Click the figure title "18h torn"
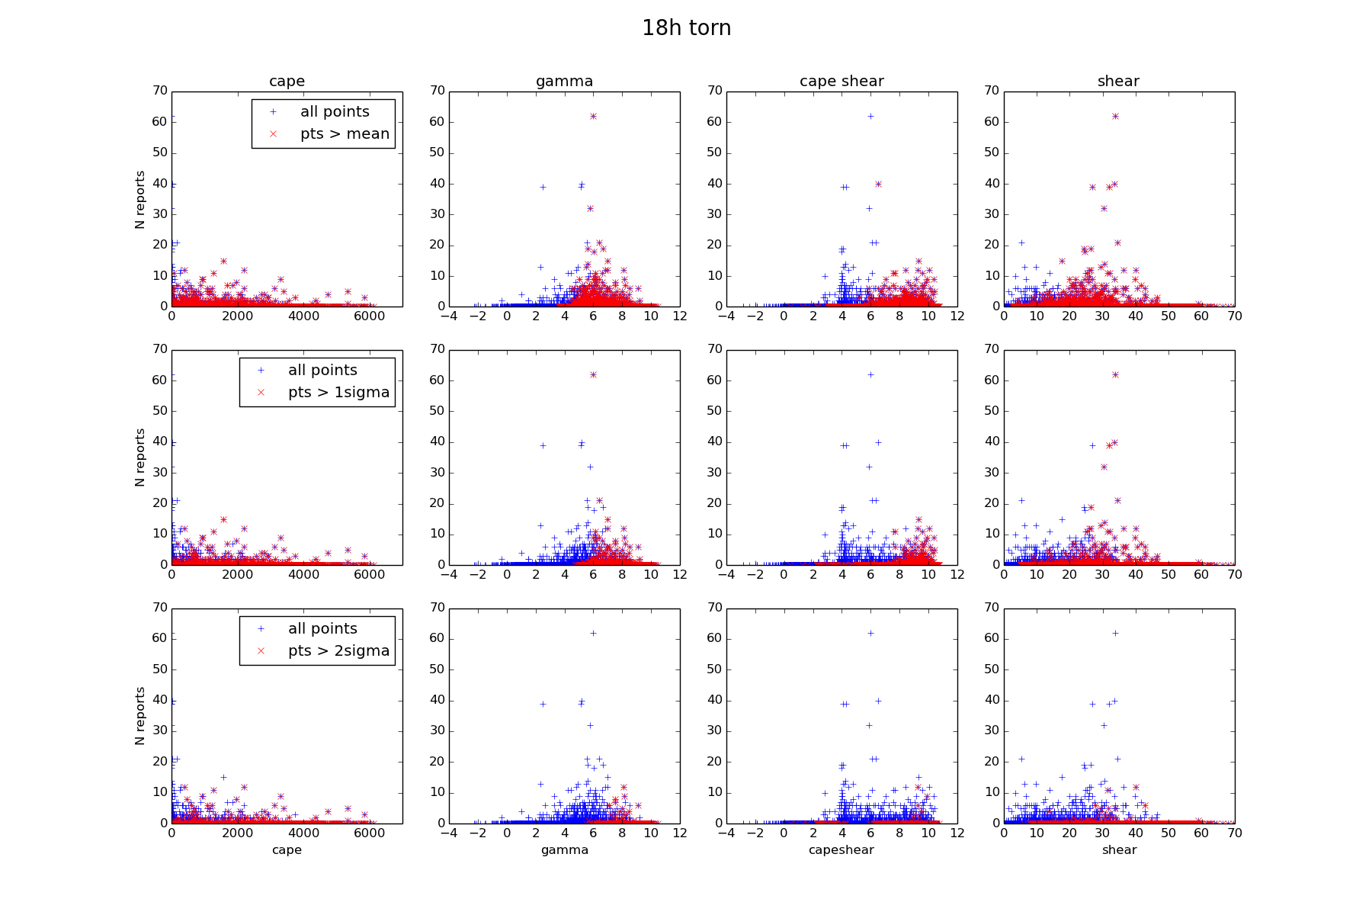(x=686, y=28)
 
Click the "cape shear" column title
(x=841, y=82)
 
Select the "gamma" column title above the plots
(x=564, y=82)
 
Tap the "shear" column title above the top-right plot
(x=1118, y=82)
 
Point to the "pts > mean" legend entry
(x=345, y=134)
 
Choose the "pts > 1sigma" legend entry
(x=338, y=393)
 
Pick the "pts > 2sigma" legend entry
(x=338, y=651)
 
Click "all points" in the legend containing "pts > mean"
(x=335, y=112)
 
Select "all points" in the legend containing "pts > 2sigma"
(x=322, y=629)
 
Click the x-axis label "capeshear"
(x=841, y=850)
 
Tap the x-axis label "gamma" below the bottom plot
(x=565, y=850)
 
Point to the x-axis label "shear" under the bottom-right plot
(x=1119, y=850)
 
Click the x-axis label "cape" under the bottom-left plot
(x=287, y=850)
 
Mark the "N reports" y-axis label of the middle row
(x=140, y=457)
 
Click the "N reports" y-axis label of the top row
(x=140, y=199)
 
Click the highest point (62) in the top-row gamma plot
(x=593, y=116)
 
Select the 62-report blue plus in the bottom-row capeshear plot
(x=870, y=633)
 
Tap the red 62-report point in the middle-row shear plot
(x=1115, y=374)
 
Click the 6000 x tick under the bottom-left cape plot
(x=370, y=833)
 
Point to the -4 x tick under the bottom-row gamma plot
(x=449, y=833)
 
